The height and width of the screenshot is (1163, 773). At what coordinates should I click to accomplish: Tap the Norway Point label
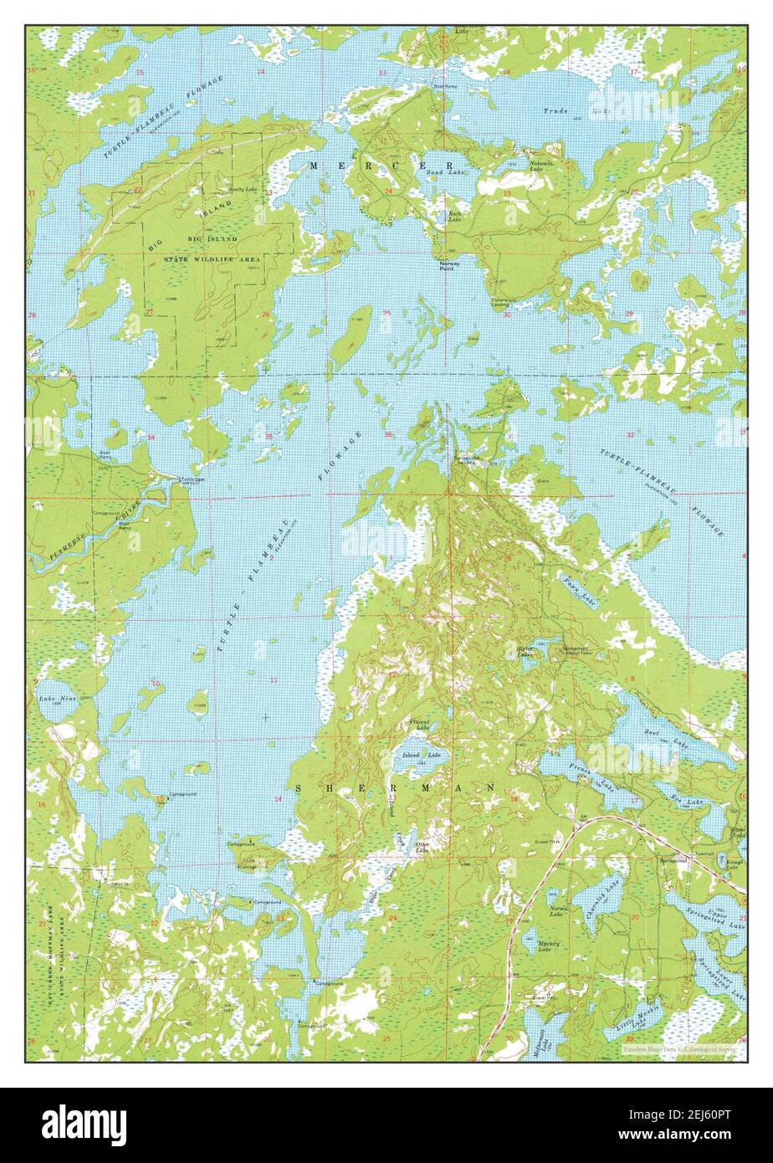pos(449,265)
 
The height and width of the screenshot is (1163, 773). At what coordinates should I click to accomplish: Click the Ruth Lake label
pos(454,216)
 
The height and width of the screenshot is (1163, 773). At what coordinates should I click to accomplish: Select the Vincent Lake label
pos(419,725)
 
